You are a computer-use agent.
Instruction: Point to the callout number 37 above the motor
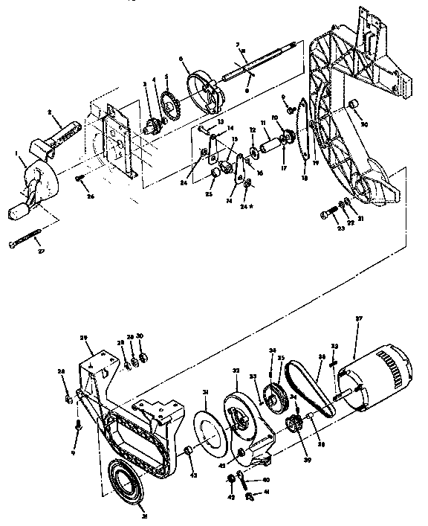click(x=360, y=319)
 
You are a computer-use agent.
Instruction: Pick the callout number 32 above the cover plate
click(x=236, y=370)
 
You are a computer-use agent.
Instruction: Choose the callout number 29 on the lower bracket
click(x=85, y=339)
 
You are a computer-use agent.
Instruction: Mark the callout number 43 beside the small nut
click(x=194, y=475)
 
